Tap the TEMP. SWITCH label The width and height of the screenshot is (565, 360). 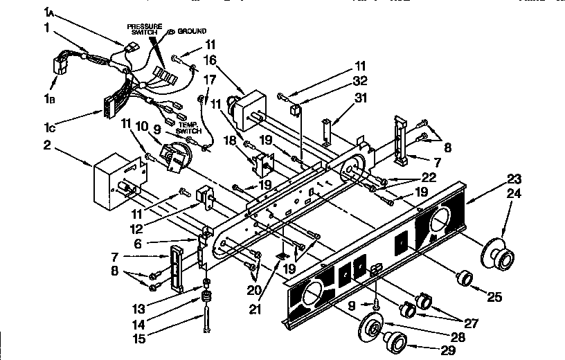(188, 127)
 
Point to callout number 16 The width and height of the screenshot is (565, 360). (210, 61)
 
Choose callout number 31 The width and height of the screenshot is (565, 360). (361, 98)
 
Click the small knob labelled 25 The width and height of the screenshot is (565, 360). (463, 278)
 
